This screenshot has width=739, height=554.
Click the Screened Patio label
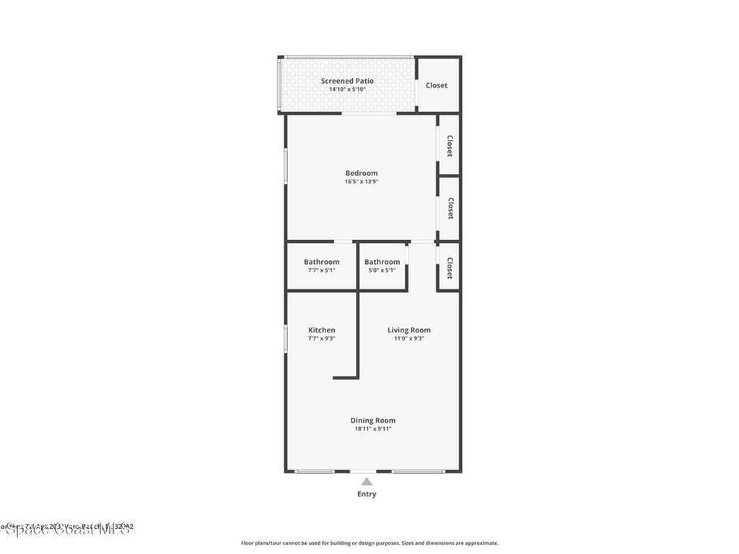tap(347, 81)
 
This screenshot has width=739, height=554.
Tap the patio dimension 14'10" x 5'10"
tap(347, 89)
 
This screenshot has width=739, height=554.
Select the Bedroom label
tap(361, 173)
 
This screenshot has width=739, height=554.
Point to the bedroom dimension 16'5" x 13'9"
tap(361, 182)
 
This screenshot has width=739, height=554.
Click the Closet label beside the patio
tap(436, 85)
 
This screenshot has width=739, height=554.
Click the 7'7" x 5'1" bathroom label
tap(321, 262)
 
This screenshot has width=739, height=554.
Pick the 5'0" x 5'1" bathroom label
tap(382, 262)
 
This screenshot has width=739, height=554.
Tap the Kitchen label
tap(321, 330)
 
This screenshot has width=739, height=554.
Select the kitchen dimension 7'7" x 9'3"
tap(321, 338)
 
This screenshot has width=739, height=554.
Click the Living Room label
tap(408, 330)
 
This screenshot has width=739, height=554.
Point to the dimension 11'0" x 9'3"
tap(408, 338)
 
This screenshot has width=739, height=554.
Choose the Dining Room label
tap(372, 421)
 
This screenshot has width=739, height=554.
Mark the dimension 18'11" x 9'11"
tap(372, 429)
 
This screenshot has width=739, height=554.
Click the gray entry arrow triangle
tap(367, 482)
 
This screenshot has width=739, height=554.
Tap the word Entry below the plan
tap(367, 494)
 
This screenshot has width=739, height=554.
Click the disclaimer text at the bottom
tap(369, 543)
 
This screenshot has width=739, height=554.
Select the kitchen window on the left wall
tap(286, 338)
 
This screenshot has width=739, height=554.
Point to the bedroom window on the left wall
tap(286, 166)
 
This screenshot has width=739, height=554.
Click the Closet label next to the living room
tap(450, 268)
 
